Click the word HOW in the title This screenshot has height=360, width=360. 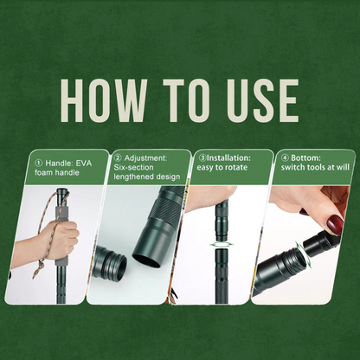point(104,100)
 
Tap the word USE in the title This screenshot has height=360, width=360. point(263,100)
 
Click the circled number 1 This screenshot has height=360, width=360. point(38,164)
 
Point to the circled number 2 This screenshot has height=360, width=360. point(118,158)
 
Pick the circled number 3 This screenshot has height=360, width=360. point(203,158)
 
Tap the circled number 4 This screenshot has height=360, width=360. point(285,158)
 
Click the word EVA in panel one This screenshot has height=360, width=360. point(84,164)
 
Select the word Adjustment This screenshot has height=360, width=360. point(145,158)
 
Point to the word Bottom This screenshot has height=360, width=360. point(305,158)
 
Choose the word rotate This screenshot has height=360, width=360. point(235,167)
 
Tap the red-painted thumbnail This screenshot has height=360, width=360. point(335,225)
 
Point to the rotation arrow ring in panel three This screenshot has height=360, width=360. point(222,245)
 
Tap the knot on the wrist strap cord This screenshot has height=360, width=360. point(42,262)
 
